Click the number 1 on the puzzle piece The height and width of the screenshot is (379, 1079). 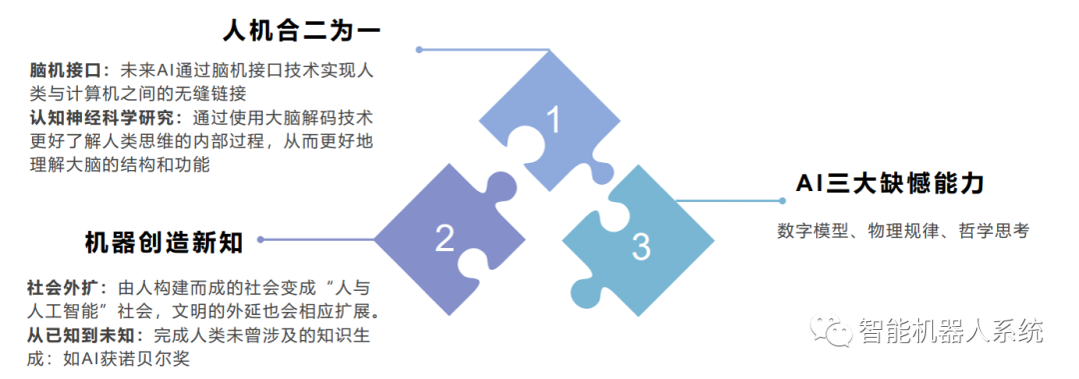click(552, 119)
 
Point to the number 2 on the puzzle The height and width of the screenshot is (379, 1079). click(445, 237)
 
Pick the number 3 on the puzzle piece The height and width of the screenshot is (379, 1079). click(641, 246)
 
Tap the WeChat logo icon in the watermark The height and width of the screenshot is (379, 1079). click(831, 330)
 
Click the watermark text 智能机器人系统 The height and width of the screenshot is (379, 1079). click(950, 330)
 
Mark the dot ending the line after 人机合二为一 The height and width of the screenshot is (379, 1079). click(420, 49)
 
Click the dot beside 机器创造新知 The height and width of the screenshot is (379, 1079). click(264, 240)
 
